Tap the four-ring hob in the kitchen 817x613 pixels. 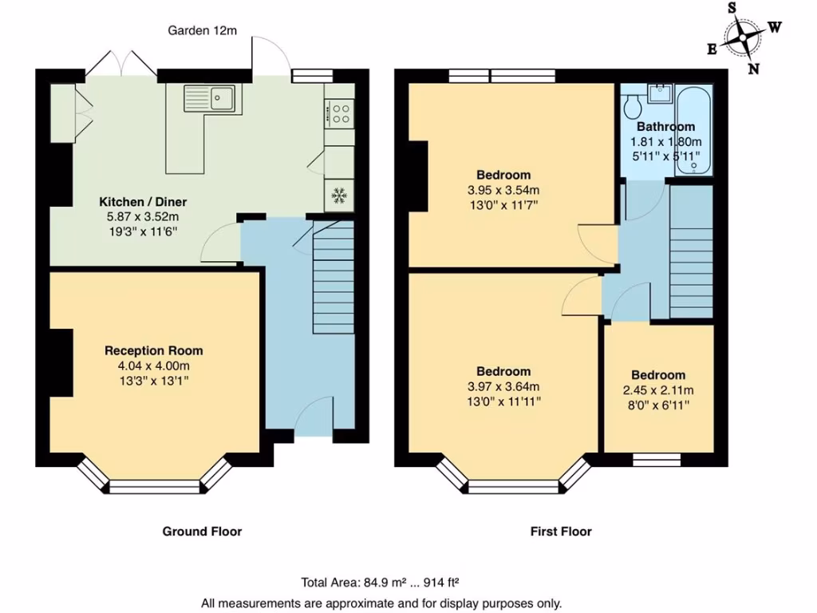340,113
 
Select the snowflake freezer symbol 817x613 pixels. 340,195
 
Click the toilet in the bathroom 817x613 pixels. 635,105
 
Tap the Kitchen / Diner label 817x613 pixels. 143,201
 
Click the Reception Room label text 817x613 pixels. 154,350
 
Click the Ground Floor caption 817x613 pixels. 202,531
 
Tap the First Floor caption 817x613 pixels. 561,531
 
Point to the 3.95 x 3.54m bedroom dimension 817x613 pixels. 503,190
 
